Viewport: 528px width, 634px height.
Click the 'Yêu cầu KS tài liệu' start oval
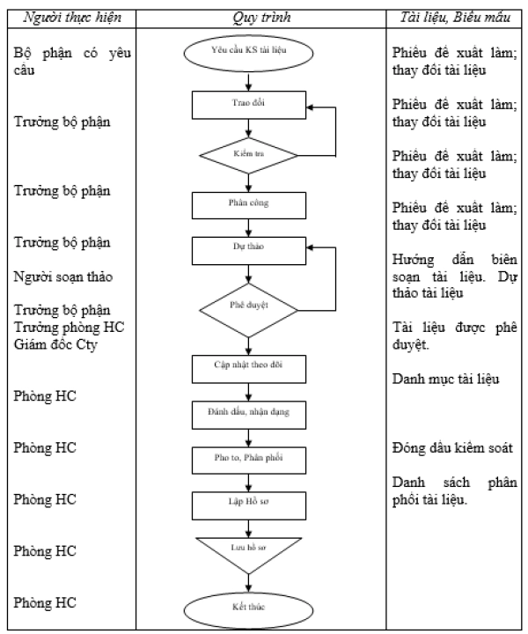click(x=248, y=54)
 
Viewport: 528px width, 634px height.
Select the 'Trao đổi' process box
click(x=249, y=105)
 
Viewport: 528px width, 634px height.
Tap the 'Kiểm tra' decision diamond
click(x=249, y=156)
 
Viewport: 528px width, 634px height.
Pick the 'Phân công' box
click(x=249, y=205)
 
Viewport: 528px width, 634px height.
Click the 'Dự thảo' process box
click(x=249, y=251)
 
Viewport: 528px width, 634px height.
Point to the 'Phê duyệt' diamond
click(x=249, y=310)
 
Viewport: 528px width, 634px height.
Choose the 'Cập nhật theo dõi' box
click(x=249, y=369)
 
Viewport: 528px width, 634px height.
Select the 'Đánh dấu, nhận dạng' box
click(x=249, y=415)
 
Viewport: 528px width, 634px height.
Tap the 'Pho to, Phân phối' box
click(x=249, y=461)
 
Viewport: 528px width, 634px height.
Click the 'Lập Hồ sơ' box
click(x=249, y=505)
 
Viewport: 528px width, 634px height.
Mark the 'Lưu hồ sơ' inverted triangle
click(x=249, y=552)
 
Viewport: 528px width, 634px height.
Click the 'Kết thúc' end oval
click(x=248, y=609)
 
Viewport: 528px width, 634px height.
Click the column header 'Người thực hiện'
click(x=72, y=18)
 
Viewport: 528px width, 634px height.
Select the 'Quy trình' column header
click(x=261, y=18)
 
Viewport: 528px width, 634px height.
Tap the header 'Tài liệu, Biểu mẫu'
click(x=455, y=18)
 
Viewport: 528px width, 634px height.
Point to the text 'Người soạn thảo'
click(x=63, y=277)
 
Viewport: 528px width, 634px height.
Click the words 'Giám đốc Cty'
click(x=55, y=344)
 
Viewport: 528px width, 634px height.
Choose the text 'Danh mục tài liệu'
click(x=445, y=379)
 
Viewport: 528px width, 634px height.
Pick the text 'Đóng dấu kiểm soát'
click(x=452, y=447)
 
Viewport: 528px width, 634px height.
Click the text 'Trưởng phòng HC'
click(x=70, y=327)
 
